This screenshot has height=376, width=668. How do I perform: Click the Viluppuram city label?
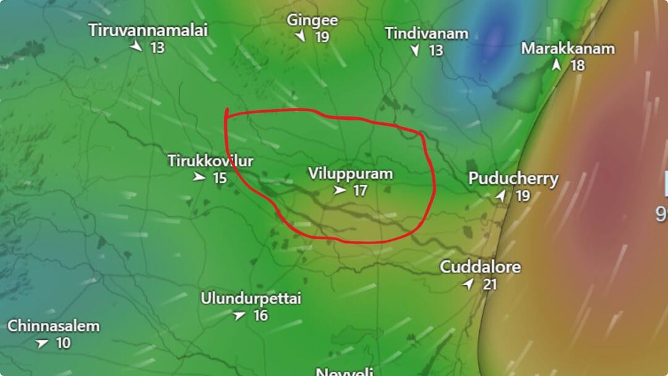(x=350, y=174)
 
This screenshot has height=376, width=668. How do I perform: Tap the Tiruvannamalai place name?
(x=148, y=30)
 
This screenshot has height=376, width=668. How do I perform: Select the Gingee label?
(x=312, y=20)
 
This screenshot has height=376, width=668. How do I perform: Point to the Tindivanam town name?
(x=426, y=33)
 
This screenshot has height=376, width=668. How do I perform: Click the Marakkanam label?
(x=568, y=48)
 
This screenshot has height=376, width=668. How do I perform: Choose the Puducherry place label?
(x=513, y=179)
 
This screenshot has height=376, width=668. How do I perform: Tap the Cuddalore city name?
(x=480, y=267)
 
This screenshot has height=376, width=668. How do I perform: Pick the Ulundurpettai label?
(x=250, y=299)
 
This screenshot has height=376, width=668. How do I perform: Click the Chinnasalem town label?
(x=53, y=326)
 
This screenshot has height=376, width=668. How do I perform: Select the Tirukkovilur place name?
(x=210, y=161)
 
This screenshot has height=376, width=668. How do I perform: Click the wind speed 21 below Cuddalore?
(x=490, y=284)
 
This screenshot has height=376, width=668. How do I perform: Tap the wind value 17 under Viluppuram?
(x=360, y=190)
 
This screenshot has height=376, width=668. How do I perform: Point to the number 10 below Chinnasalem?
(x=63, y=343)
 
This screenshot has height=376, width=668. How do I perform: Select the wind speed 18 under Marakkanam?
(x=577, y=65)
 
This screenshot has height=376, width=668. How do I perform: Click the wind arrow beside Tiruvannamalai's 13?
(x=135, y=46)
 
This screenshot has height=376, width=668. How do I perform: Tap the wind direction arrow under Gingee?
(x=301, y=36)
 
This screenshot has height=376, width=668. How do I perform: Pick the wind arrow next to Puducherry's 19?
(x=501, y=196)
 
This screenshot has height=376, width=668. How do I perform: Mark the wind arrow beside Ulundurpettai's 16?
(x=240, y=315)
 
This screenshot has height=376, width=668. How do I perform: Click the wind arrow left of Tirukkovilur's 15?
(x=199, y=177)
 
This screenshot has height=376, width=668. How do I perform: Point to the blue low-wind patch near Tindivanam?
(x=494, y=38)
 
